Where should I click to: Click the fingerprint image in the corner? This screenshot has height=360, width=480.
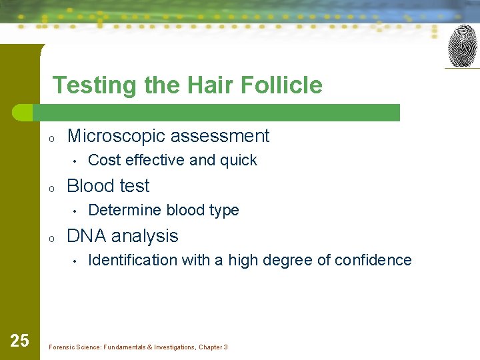click(462, 46)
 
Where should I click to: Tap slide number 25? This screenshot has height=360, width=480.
click(19, 341)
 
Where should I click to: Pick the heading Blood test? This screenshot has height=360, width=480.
click(108, 186)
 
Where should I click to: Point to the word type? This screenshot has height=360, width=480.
click(223, 211)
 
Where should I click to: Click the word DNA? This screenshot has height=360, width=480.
click(87, 236)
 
